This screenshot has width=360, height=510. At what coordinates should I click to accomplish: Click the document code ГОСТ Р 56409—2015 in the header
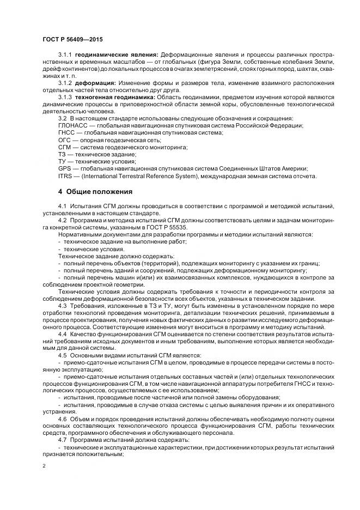click(72, 39)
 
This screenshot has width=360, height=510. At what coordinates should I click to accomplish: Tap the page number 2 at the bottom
click(44, 466)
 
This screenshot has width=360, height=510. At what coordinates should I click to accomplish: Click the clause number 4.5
click(62, 354)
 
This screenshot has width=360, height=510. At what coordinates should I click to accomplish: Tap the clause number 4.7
click(62, 439)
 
